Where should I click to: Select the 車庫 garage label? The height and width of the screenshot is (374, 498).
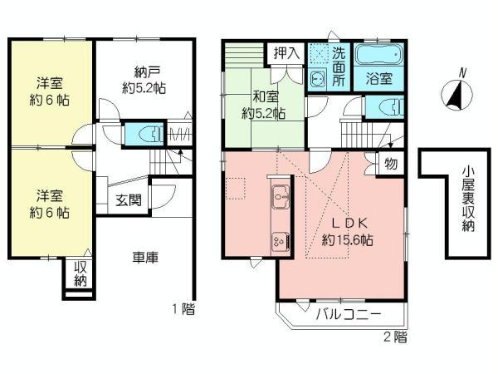[145, 258]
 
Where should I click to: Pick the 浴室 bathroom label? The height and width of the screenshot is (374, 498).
[379, 79]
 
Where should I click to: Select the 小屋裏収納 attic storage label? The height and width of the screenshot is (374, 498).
[469, 199]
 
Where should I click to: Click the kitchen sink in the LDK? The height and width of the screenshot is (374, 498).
[280, 200]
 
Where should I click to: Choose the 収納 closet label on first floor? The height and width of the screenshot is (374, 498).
[81, 273]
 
